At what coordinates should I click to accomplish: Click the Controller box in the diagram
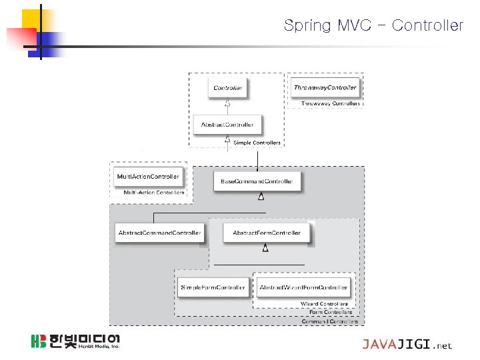(228, 88)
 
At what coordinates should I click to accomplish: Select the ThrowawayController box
(325, 87)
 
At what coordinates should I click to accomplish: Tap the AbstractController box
(227, 125)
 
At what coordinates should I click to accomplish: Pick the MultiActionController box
(148, 177)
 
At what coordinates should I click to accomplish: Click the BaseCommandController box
(257, 181)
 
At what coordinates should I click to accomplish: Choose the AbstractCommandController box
(159, 233)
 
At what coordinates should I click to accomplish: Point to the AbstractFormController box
(267, 233)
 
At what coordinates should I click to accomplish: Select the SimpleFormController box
(213, 287)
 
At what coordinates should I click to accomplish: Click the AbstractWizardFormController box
(303, 287)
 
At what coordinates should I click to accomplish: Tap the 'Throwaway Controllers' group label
(331, 103)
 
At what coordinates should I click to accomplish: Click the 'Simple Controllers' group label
(257, 143)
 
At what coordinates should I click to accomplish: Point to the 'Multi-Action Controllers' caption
(154, 193)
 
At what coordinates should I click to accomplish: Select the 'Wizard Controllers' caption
(324, 304)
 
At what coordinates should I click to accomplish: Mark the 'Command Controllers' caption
(329, 321)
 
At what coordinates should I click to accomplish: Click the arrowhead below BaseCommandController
(261, 196)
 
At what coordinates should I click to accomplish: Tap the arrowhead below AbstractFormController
(265, 248)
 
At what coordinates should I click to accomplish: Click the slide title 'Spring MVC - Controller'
(373, 25)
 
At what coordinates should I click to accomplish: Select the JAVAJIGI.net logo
(407, 344)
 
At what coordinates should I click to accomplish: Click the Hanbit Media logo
(75, 342)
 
